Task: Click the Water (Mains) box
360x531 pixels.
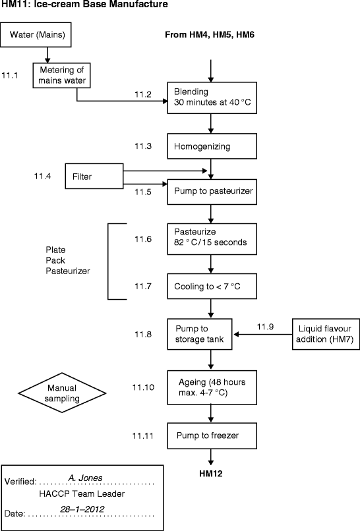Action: pos(38,35)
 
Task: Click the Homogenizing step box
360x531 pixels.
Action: pos(210,146)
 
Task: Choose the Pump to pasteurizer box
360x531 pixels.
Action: pos(210,192)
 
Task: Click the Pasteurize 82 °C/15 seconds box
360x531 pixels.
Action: pos(210,237)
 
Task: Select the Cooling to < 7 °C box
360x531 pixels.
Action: pos(210,287)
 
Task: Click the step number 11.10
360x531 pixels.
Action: pos(144,387)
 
